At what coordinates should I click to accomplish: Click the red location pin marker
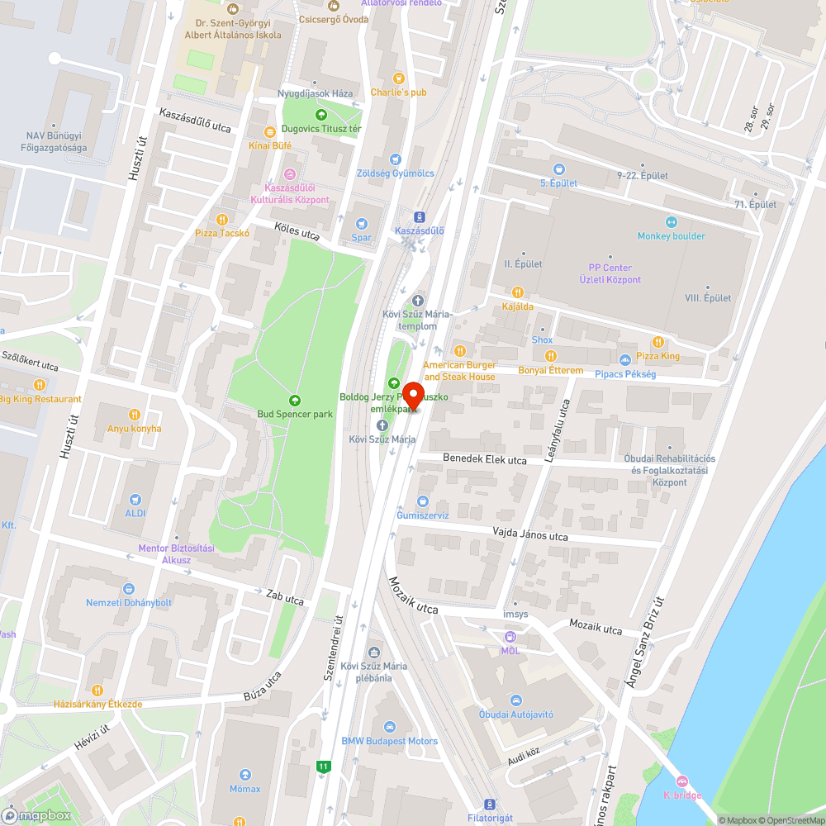pyautogui.click(x=412, y=396)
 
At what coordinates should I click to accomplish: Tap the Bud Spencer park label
pyautogui.click(x=295, y=413)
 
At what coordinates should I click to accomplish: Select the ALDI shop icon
pyautogui.click(x=135, y=500)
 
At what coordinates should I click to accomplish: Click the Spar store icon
pyautogui.click(x=361, y=224)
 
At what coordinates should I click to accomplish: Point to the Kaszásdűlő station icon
pyautogui.click(x=420, y=217)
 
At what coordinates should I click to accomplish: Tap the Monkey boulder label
pyautogui.click(x=671, y=235)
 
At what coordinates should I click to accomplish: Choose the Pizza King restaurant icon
pyautogui.click(x=658, y=342)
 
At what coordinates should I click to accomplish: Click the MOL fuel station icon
pyautogui.click(x=510, y=637)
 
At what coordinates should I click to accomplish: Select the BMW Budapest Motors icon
pyautogui.click(x=390, y=727)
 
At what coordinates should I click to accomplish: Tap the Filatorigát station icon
pyautogui.click(x=490, y=804)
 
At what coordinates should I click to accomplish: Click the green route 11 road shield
pyautogui.click(x=324, y=767)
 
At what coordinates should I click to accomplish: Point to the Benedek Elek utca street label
pyautogui.click(x=485, y=459)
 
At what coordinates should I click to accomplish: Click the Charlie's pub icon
pyautogui.click(x=398, y=78)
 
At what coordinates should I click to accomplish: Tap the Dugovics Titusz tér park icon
pyautogui.click(x=321, y=115)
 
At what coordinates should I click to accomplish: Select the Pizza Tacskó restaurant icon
pyautogui.click(x=222, y=219)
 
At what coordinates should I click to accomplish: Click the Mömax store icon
pyautogui.click(x=245, y=775)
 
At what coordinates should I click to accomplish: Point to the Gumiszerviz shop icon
pyautogui.click(x=422, y=501)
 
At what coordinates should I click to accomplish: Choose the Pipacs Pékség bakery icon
pyautogui.click(x=624, y=359)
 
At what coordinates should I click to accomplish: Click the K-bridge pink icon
pyautogui.click(x=681, y=781)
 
